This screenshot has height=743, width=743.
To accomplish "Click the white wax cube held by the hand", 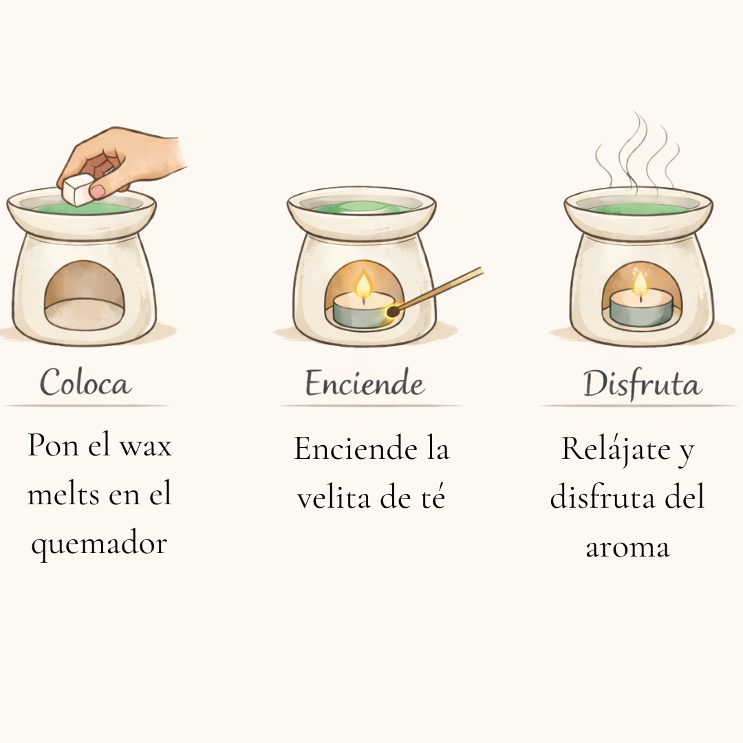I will tap(78, 189).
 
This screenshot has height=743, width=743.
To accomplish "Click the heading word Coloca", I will tap(85, 383).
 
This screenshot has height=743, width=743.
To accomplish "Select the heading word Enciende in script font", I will tap(365, 383).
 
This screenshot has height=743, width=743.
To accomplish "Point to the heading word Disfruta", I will tap(643, 384).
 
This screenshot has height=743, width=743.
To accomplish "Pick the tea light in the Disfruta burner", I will tap(640, 309).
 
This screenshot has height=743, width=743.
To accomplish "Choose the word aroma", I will tap(627, 548).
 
